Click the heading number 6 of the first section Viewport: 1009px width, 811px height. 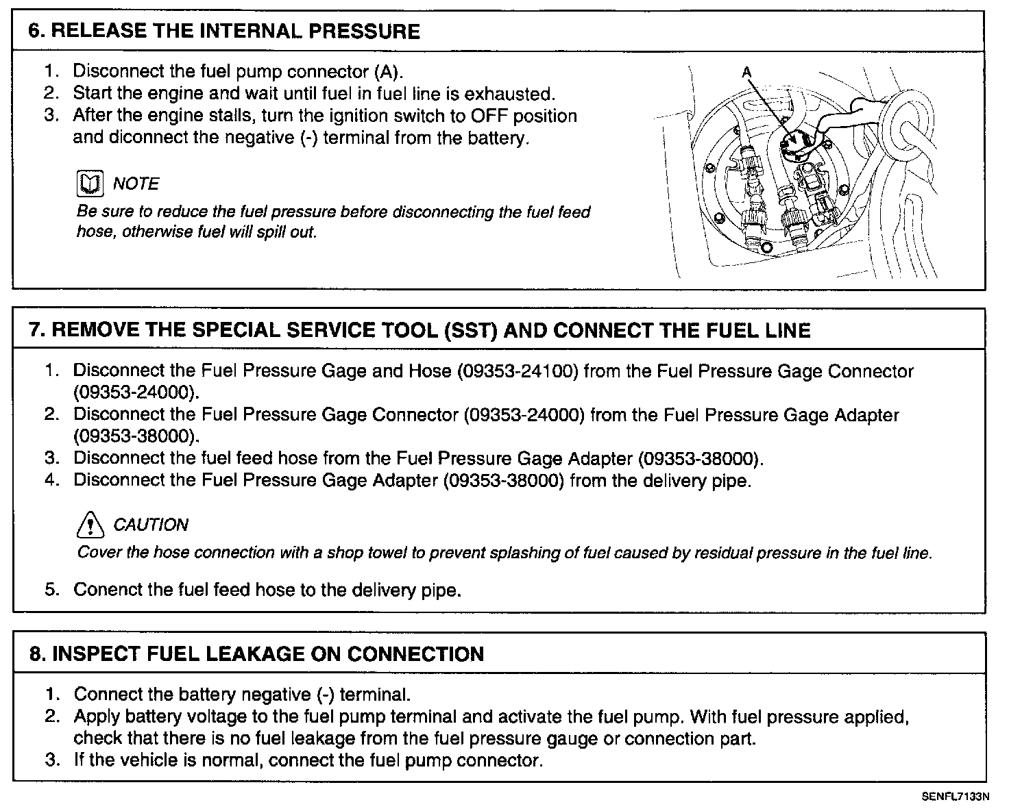[34, 32]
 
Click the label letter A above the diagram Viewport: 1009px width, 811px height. [746, 72]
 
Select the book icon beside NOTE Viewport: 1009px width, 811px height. [89, 184]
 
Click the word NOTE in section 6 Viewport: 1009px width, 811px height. [136, 184]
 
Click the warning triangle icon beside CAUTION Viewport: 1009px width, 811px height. [90, 525]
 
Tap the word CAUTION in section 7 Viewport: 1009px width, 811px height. [150, 525]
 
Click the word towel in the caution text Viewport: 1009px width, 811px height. [386, 553]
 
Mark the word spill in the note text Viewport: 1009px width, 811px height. [269, 232]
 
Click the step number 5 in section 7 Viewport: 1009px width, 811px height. [52, 589]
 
